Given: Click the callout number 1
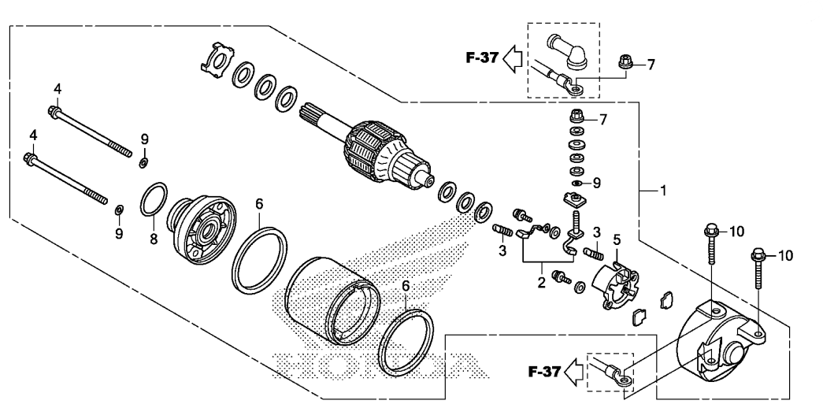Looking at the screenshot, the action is pos(663,191).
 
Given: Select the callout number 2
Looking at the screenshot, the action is pos(541,283).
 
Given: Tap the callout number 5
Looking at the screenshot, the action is pos(617,240).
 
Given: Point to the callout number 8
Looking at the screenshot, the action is pos(154,239).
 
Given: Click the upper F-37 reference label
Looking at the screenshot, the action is pos(481,57).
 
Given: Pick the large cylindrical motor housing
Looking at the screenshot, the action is pos(332,299).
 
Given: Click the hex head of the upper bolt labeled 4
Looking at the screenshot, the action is pos(54,111).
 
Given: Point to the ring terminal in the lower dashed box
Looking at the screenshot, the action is pos(621,379).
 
